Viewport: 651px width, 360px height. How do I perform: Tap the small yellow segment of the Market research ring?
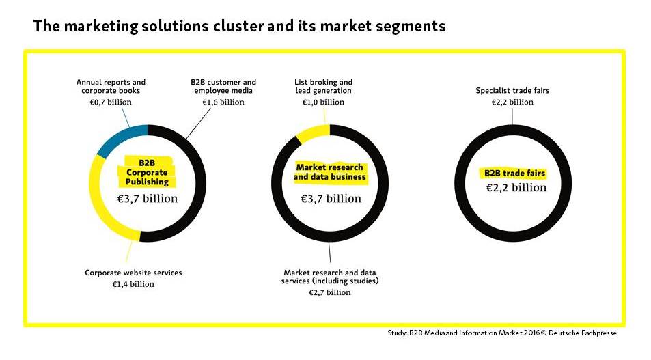[x=312, y=133]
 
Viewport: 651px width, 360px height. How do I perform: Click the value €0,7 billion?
[x=111, y=102]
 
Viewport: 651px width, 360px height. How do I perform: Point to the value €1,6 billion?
[x=223, y=102]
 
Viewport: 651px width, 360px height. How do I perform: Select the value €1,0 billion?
[x=323, y=102]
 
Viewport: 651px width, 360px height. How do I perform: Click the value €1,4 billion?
[x=133, y=284]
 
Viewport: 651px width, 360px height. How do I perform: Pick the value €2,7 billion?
[x=330, y=293]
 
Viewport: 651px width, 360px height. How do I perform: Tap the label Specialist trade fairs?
[x=512, y=91]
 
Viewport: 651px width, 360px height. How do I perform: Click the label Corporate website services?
[x=133, y=273]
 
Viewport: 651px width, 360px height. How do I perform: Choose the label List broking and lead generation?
[x=323, y=86]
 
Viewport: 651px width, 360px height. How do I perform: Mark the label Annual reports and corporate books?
[x=111, y=86]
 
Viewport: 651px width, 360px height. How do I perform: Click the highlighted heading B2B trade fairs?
[x=514, y=173]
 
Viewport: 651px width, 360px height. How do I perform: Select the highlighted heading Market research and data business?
[x=330, y=172]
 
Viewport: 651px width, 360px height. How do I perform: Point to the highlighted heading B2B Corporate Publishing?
[x=147, y=172]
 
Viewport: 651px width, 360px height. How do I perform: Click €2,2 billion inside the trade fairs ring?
[x=516, y=188]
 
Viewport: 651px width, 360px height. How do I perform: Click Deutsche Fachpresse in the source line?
[x=583, y=333]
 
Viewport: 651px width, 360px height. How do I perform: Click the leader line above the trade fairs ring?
[x=512, y=116]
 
